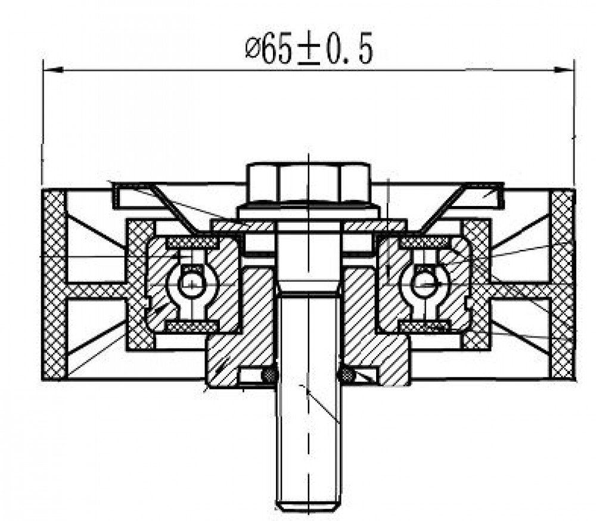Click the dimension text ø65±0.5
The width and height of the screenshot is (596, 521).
308,48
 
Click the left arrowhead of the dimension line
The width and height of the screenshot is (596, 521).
52,70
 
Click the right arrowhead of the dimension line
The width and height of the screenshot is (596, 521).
564,70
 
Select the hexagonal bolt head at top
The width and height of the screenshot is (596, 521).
308,183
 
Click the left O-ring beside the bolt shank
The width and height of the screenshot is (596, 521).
269,375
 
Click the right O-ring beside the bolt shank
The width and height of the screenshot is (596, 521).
347,375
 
